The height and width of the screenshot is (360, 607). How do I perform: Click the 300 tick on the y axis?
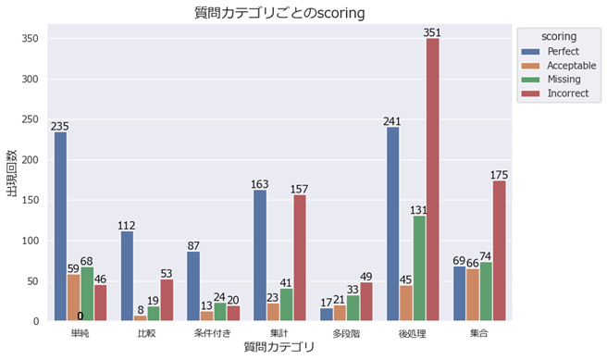[31, 79]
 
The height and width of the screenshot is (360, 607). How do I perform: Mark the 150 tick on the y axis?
[31, 200]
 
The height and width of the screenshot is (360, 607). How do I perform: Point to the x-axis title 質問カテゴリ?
[279, 347]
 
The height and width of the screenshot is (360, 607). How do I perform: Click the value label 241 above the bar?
[392, 119]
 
